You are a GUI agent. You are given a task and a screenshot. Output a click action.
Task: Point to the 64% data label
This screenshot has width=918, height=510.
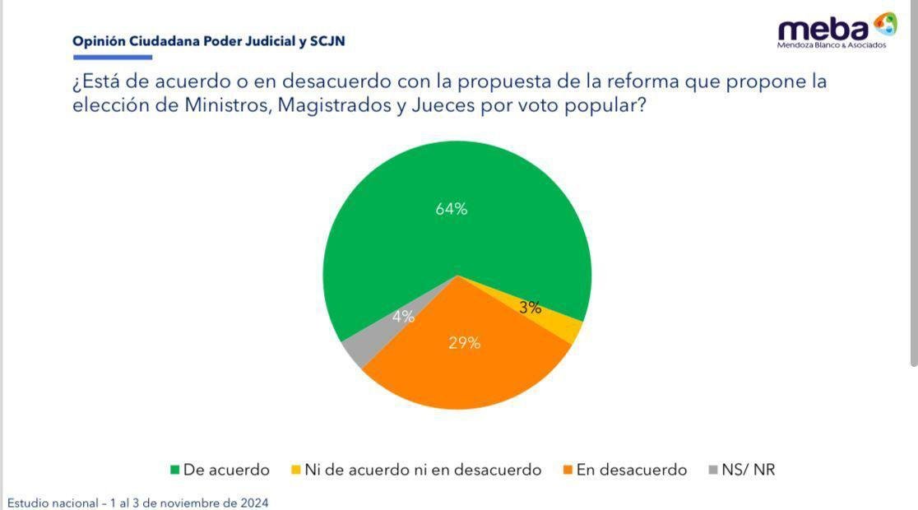pyautogui.click(x=452, y=209)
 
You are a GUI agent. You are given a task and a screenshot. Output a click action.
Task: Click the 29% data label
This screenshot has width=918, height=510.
pyautogui.click(x=464, y=343)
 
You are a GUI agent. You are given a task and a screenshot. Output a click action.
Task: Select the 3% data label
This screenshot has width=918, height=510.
pyautogui.click(x=531, y=308)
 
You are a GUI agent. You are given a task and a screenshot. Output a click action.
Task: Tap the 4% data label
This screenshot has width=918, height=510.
pyautogui.click(x=403, y=316)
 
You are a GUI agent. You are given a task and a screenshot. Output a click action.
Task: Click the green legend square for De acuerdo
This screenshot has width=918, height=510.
pyautogui.click(x=174, y=471)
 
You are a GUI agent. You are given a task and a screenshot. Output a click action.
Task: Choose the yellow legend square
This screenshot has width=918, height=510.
pyautogui.click(x=295, y=471)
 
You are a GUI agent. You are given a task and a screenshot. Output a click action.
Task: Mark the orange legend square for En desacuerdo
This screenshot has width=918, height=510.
pyautogui.click(x=567, y=471)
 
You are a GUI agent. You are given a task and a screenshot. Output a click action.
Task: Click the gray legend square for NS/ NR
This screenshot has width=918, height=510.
pyautogui.click(x=712, y=471)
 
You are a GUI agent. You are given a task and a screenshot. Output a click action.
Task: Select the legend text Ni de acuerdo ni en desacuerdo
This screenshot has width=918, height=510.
pyautogui.click(x=423, y=470)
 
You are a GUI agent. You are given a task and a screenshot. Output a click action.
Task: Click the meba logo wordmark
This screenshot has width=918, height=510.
pyautogui.click(x=823, y=30)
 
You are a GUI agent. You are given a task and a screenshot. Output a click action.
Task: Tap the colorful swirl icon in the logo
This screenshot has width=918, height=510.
pyautogui.click(x=885, y=24)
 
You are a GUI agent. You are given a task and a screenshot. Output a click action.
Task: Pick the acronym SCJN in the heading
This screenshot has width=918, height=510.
pyautogui.click(x=327, y=40)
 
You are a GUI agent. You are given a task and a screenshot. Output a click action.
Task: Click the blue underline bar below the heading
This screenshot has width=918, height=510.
pyautogui.click(x=113, y=58)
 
